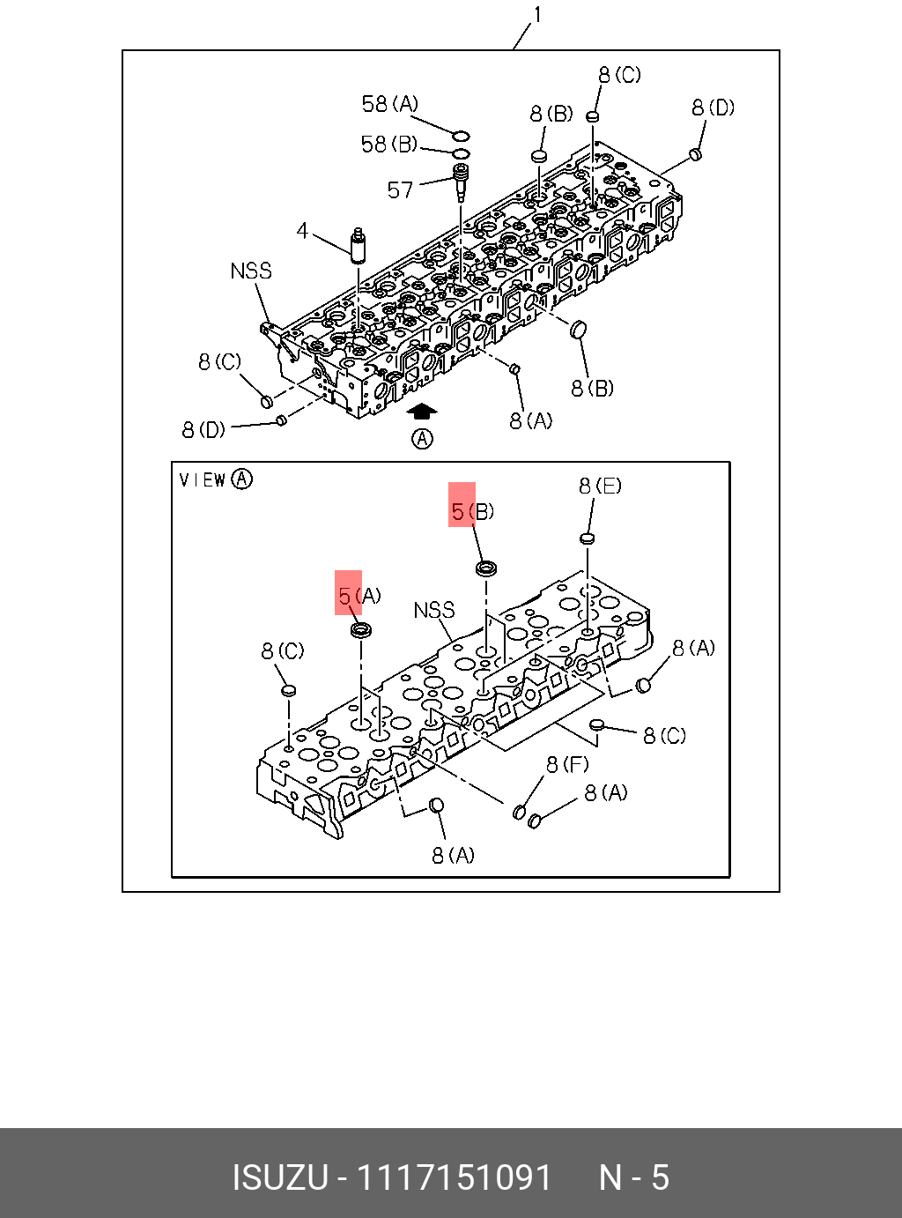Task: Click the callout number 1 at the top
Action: (537, 15)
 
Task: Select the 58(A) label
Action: (389, 104)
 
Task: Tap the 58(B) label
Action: (388, 144)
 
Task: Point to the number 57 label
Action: (400, 189)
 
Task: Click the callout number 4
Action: (302, 231)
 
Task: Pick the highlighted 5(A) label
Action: (359, 597)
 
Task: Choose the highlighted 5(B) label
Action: (472, 511)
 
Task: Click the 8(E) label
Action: (600, 486)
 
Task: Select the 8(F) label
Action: (567, 764)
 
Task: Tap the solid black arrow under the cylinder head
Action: (422, 411)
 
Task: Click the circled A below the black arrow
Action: (423, 438)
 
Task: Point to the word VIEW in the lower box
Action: (203, 479)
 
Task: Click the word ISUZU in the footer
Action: (279, 1177)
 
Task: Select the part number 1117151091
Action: (454, 1177)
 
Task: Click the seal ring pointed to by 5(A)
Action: (360, 629)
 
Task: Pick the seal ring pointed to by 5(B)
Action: (485, 568)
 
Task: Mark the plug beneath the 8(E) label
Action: (588, 538)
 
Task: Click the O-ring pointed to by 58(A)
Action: (461, 136)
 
